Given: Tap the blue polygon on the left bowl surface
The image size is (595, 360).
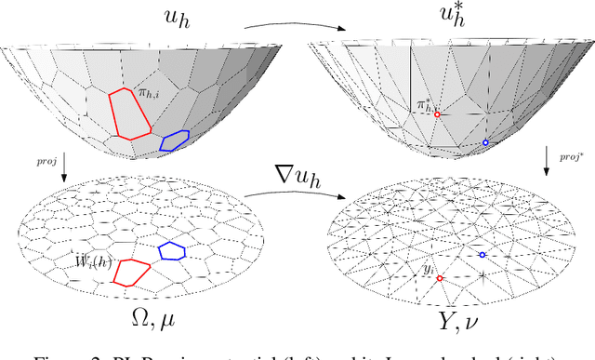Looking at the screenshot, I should pos(174,140).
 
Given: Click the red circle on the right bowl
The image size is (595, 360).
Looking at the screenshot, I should pos(438,114).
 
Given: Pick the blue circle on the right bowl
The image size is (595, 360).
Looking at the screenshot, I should pos(485,143).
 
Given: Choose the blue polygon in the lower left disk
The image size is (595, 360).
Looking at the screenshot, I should pos(171,249).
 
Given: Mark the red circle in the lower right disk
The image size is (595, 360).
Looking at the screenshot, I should pos(440,278).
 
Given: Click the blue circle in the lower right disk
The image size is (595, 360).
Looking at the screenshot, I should pos(482,254).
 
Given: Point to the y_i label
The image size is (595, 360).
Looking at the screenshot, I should pos(429,269).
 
